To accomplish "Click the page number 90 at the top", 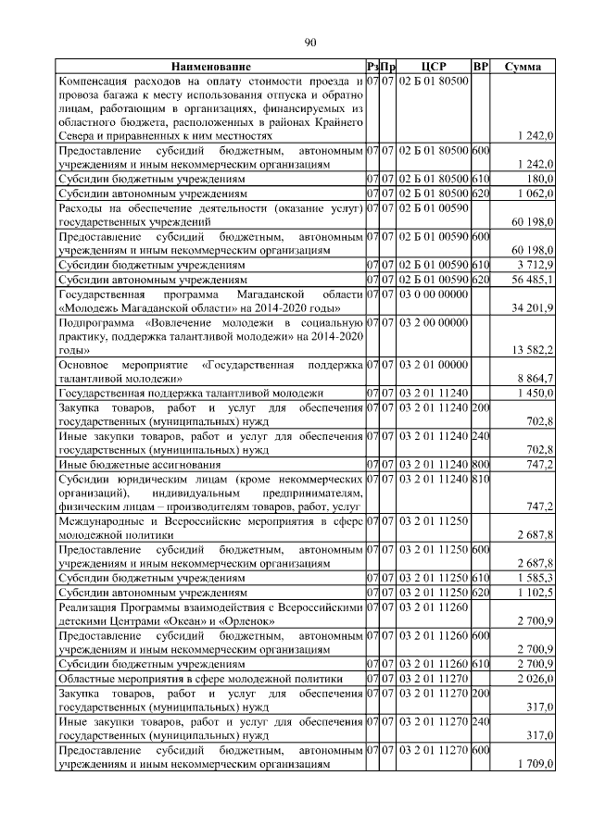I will (310, 41).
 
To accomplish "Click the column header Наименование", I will (209, 68).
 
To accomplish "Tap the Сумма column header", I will (524, 68).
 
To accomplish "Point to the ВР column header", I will (480, 68).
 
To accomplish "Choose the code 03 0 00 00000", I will (434, 294).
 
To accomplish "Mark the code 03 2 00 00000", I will (434, 322).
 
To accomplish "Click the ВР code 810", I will (480, 479).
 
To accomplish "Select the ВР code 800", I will (480, 464).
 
